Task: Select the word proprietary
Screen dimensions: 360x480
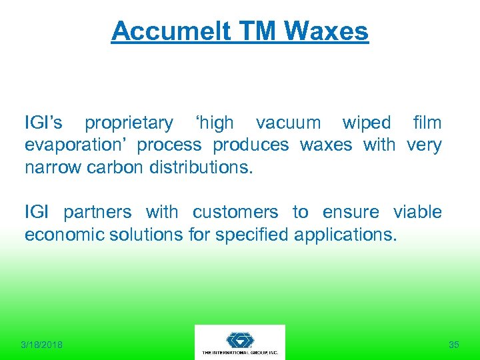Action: point(129,123)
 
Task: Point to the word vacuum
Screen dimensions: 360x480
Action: point(288,123)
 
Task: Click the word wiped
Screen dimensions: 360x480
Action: point(367,123)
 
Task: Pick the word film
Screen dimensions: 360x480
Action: point(427,123)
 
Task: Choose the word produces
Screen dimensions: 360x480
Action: point(251,145)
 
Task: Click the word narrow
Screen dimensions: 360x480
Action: point(53,167)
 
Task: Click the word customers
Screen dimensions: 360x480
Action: point(235,213)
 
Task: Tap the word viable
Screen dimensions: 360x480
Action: point(417,213)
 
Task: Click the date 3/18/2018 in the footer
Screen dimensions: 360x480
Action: point(41,345)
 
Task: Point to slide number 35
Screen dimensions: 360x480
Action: point(454,345)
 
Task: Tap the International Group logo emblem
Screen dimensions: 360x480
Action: point(239,339)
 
